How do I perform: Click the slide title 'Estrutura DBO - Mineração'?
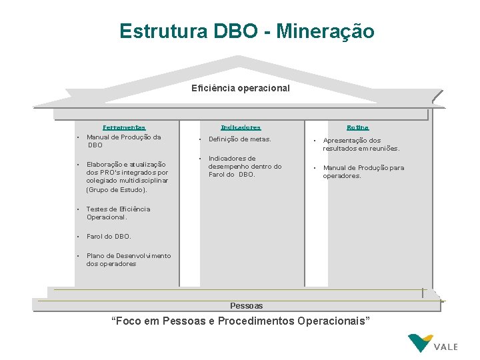pyautogui.click(x=246, y=31)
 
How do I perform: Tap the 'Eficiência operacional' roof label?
pyautogui.click(x=240, y=87)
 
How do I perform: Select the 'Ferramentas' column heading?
pyautogui.click(x=123, y=127)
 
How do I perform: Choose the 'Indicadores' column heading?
pyautogui.click(x=241, y=127)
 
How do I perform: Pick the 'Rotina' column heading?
pyautogui.click(x=357, y=127)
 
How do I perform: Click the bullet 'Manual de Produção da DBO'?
pyautogui.click(x=124, y=141)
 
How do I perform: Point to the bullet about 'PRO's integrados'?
pyautogui.click(x=127, y=172)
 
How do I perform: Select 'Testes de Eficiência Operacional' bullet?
pyautogui.click(x=118, y=213)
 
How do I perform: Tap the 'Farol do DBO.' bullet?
pyautogui.click(x=109, y=236)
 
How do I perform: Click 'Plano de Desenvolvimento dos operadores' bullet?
pyautogui.click(x=128, y=259)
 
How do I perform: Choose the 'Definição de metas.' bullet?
pyautogui.click(x=239, y=139)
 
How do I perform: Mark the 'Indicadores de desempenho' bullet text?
pyautogui.click(x=245, y=167)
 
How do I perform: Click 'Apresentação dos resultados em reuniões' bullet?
pyautogui.click(x=361, y=145)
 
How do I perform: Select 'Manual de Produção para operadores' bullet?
pyautogui.click(x=363, y=172)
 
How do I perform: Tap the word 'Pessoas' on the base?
pyautogui.click(x=246, y=305)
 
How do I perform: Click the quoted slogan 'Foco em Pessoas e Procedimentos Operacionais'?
pyautogui.click(x=240, y=321)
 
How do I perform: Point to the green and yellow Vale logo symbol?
pyautogui.click(x=419, y=343)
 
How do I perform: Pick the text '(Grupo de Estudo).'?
pyautogui.click(x=117, y=190)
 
